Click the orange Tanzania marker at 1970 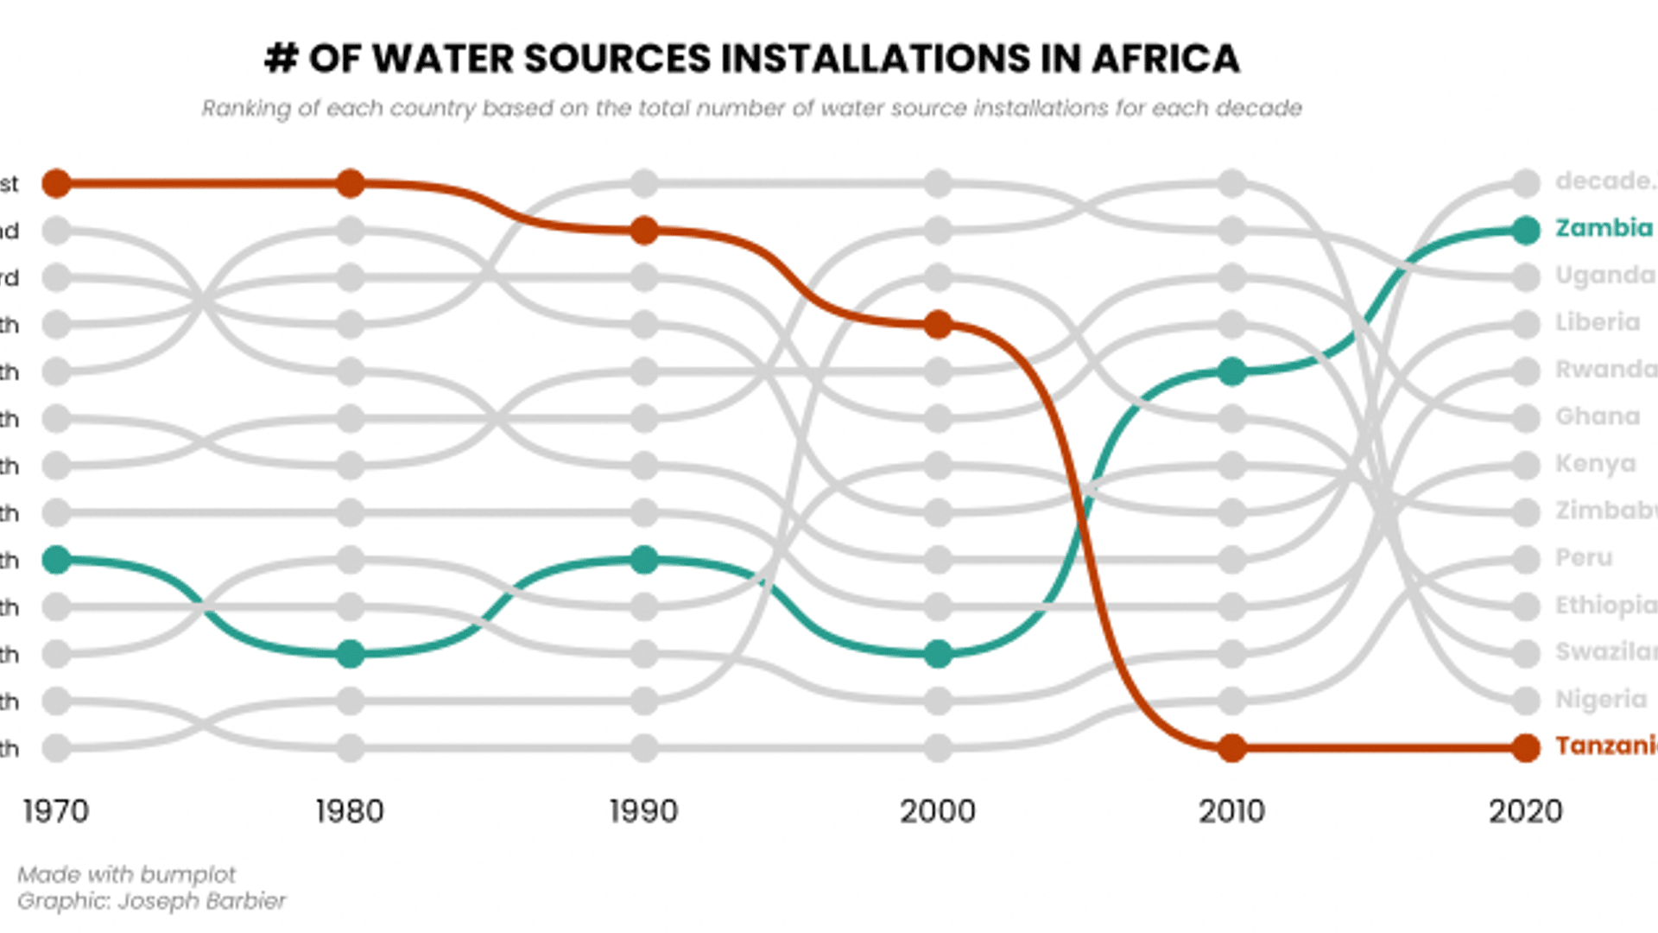pyautogui.click(x=56, y=183)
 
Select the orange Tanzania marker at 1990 pyautogui.click(x=643, y=231)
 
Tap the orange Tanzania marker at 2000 pyautogui.click(x=938, y=325)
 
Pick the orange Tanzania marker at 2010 pyautogui.click(x=1231, y=747)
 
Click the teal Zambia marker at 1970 pyautogui.click(x=56, y=560)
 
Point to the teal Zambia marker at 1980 pyautogui.click(x=350, y=654)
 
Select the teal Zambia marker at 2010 pyautogui.click(x=1231, y=371)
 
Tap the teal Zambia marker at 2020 pyautogui.click(x=1526, y=231)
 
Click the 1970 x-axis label pyautogui.click(x=56, y=811)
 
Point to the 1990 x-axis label pyautogui.click(x=643, y=811)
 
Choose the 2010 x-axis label pyautogui.click(x=1231, y=811)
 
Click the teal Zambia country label pyautogui.click(x=1604, y=228)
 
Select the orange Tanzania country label pyautogui.click(x=1606, y=746)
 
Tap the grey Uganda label pyautogui.click(x=1604, y=276)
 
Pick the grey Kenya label pyautogui.click(x=1595, y=464)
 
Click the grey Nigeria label pyautogui.click(x=1601, y=699)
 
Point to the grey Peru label pyautogui.click(x=1584, y=558)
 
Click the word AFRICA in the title pyautogui.click(x=1165, y=59)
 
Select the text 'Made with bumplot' pyautogui.click(x=126, y=874)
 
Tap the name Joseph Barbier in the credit pyautogui.click(x=201, y=901)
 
